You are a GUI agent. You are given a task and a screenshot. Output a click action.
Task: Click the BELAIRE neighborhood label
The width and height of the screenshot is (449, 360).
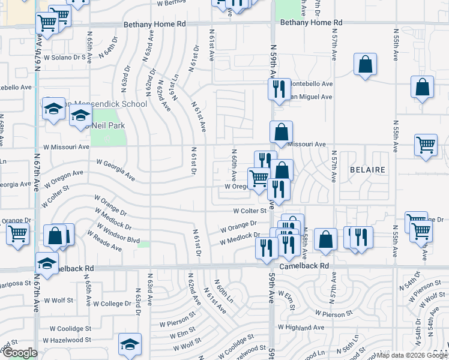tap(367, 170)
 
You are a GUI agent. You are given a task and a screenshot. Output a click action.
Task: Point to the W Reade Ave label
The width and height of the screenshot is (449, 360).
tap(107, 241)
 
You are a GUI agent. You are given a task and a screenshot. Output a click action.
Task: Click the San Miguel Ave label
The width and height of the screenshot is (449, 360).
tap(310, 97)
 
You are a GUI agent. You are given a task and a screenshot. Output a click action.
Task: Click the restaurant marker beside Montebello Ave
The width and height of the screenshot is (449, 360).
tap(279, 89)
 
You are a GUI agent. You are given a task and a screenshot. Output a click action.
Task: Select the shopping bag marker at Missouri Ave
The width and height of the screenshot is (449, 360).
tap(281, 131)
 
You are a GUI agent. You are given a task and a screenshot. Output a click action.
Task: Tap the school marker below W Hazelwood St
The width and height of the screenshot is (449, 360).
tap(130, 345)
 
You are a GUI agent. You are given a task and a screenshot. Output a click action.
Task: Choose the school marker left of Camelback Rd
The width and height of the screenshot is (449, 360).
tap(47, 263)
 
